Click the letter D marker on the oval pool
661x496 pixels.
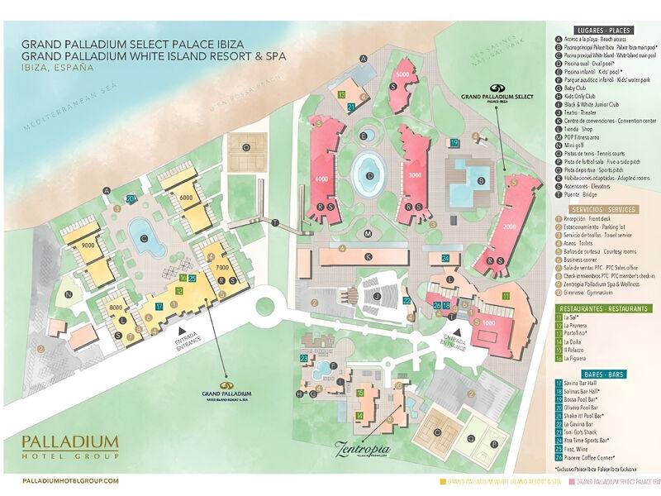[370, 175]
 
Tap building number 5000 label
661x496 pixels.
[402, 75]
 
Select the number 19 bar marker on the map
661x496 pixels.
[454, 143]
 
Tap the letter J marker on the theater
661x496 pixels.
[376, 295]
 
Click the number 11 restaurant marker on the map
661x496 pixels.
[505, 296]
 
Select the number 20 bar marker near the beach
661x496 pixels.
[131, 199]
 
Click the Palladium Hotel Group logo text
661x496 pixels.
[70, 446]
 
